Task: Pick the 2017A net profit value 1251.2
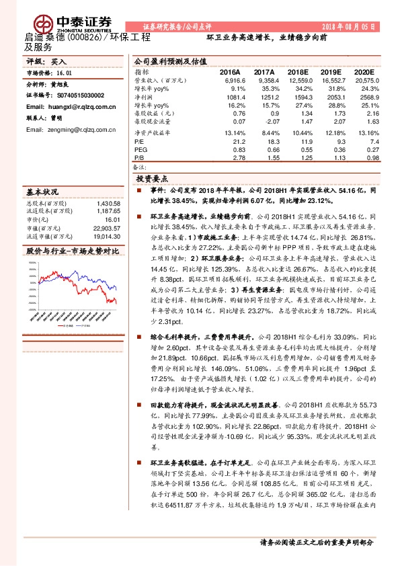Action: pyautogui.click(x=264, y=97)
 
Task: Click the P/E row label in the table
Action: pyautogui.click(x=139, y=142)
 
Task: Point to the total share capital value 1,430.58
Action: pyautogui.click(x=108, y=204)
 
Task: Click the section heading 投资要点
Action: pyautogui.click(x=152, y=179)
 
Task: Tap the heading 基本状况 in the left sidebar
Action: pyautogui.click(x=42, y=192)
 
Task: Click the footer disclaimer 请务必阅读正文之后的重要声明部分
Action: pyautogui.click(x=316, y=542)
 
